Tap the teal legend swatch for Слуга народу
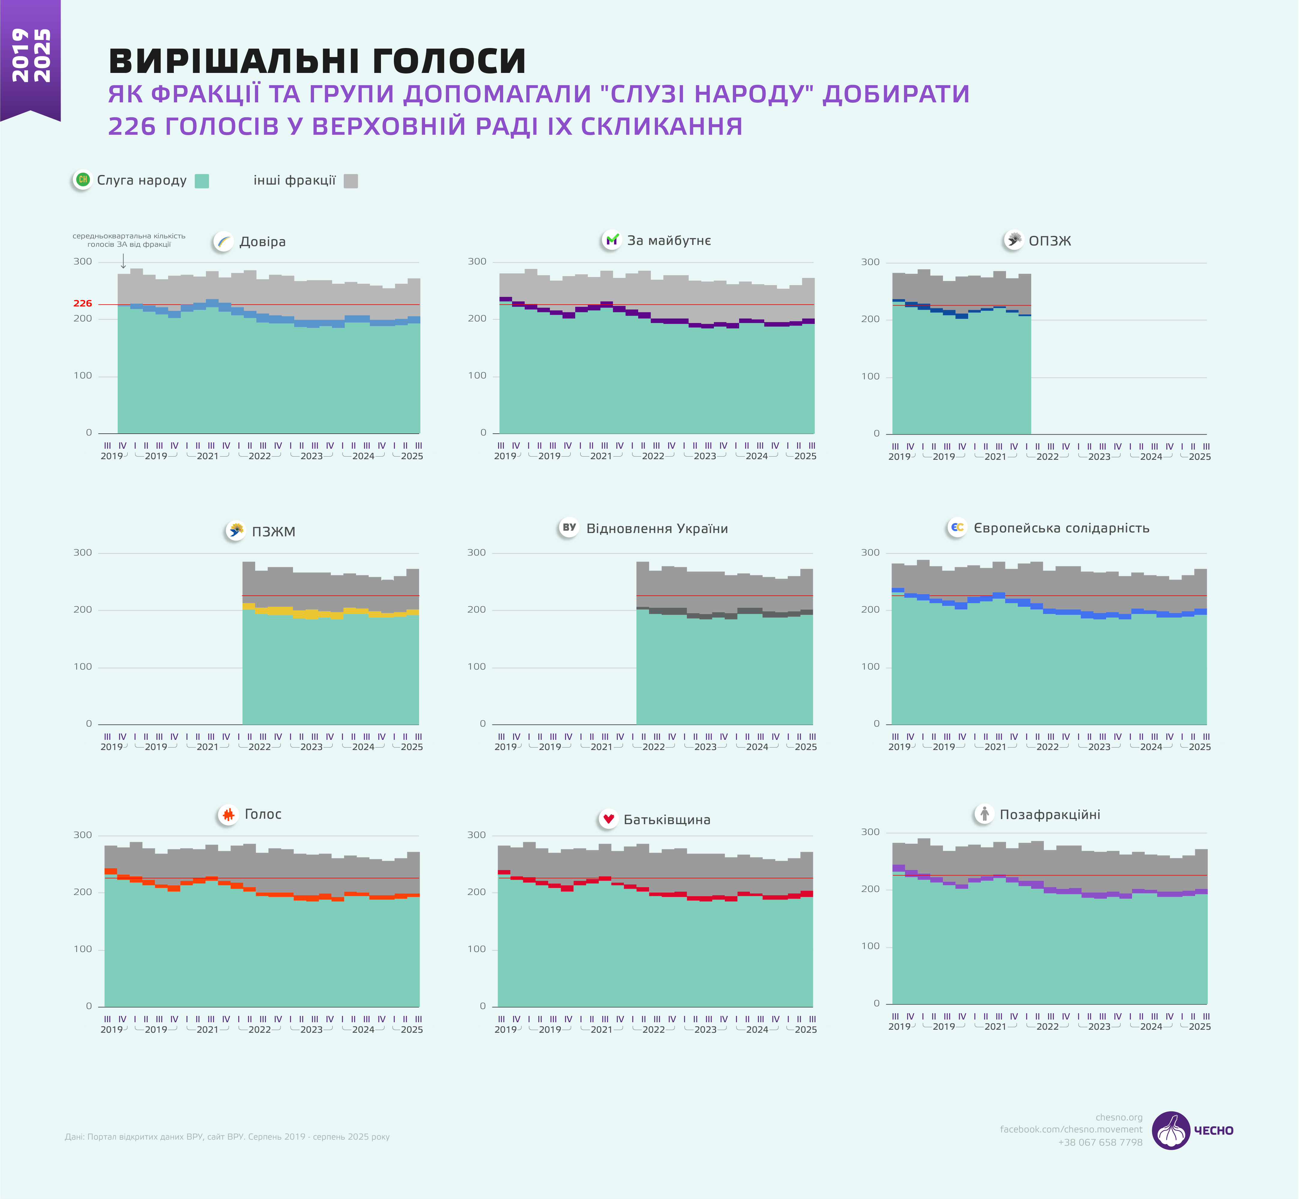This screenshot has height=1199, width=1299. (202, 181)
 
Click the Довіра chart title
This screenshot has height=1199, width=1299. (262, 242)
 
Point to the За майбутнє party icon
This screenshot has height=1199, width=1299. (611, 240)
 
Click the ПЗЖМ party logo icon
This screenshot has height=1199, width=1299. (236, 531)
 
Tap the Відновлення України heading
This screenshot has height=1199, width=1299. (657, 529)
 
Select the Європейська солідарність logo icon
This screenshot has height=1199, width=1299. (957, 528)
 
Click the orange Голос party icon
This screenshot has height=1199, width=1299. (228, 814)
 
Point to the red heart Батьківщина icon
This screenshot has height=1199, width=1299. (608, 819)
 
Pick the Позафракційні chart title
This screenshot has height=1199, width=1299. (1049, 815)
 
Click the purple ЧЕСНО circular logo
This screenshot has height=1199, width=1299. (1171, 1130)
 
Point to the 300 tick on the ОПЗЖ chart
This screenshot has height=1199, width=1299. (870, 262)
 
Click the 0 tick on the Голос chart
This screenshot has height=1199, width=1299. (89, 1006)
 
